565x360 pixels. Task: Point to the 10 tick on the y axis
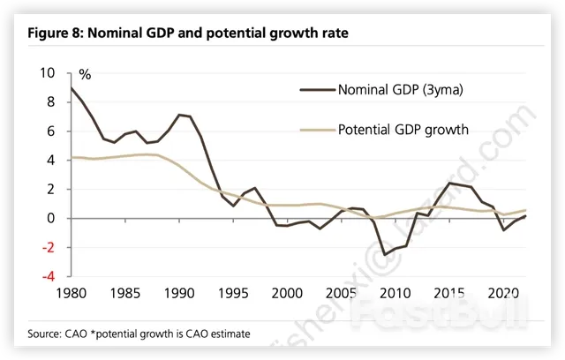47,73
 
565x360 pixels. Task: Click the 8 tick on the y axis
50,102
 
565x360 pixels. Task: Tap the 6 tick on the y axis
50,131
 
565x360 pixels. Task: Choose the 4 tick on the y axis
50,161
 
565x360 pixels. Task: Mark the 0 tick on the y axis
50,218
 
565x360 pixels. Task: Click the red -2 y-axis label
48,247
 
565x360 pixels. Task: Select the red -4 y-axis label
48,276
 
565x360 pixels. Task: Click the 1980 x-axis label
71,293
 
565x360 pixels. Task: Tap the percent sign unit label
85,75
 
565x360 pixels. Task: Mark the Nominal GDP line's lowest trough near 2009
384,254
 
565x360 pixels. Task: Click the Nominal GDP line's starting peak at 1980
72,87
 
